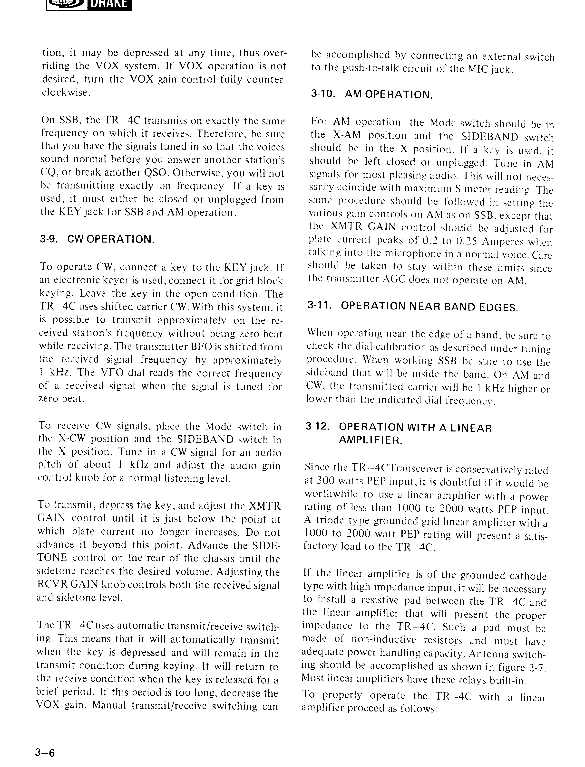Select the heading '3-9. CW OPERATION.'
click(97, 239)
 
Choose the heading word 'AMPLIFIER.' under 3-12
click(370, 440)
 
